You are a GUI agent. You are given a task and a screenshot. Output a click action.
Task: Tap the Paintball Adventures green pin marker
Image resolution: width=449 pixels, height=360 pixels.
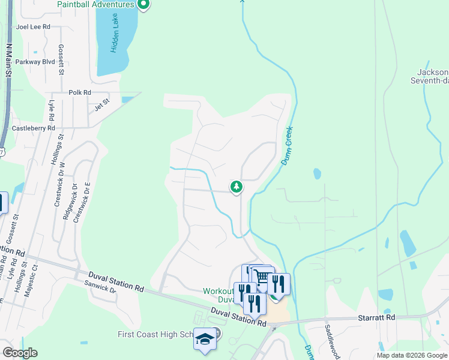click(143, 5)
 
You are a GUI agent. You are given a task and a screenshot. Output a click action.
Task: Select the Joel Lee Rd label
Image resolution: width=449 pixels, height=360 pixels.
click(34, 26)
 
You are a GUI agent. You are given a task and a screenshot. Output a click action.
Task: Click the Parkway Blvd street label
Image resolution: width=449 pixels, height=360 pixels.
click(35, 62)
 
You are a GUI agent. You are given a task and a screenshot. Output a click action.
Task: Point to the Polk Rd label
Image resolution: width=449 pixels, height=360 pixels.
click(79, 92)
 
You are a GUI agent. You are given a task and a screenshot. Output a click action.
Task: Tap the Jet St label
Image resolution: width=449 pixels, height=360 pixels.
click(102, 105)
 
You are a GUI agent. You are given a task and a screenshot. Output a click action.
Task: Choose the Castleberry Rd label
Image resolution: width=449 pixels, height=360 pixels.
click(34, 128)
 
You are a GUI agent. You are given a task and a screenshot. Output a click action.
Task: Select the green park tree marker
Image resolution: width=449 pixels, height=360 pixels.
click(237, 187)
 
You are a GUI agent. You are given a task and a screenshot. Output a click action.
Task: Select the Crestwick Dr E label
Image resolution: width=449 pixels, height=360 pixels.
click(87, 203)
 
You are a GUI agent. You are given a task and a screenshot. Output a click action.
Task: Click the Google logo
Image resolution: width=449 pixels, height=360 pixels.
click(19, 353)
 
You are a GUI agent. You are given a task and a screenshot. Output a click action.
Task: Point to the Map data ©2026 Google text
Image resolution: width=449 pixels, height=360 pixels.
click(411, 355)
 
